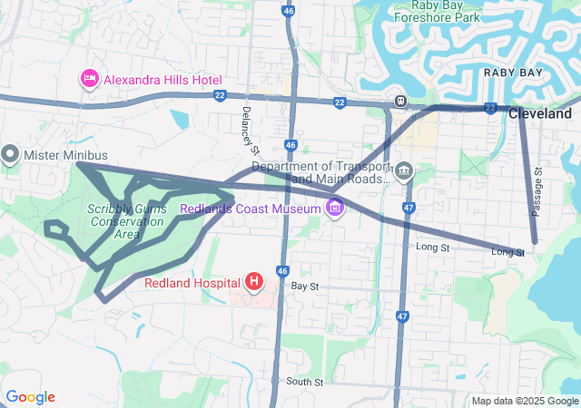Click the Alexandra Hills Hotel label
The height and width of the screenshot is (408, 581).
click(x=162, y=79)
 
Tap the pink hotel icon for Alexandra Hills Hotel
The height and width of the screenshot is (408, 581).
click(x=90, y=79)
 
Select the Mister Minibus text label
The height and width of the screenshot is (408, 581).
click(x=65, y=155)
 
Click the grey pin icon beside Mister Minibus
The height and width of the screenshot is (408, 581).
click(x=10, y=154)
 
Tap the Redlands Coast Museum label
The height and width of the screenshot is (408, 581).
click(x=251, y=209)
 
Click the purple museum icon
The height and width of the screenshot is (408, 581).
click(x=335, y=209)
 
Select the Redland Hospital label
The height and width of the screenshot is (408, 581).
click(x=189, y=283)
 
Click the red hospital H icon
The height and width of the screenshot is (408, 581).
click(x=254, y=283)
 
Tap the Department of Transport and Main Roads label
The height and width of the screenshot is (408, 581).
click(x=320, y=172)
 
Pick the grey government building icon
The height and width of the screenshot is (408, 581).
click(x=404, y=170)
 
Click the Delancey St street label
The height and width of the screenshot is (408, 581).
click(x=251, y=130)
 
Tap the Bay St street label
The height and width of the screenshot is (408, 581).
click(x=305, y=287)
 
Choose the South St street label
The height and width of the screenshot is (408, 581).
click(x=304, y=382)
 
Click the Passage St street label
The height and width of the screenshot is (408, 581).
click(x=537, y=190)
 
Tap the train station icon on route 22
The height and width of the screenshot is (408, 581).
click(x=399, y=100)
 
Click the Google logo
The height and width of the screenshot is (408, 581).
click(x=30, y=397)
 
